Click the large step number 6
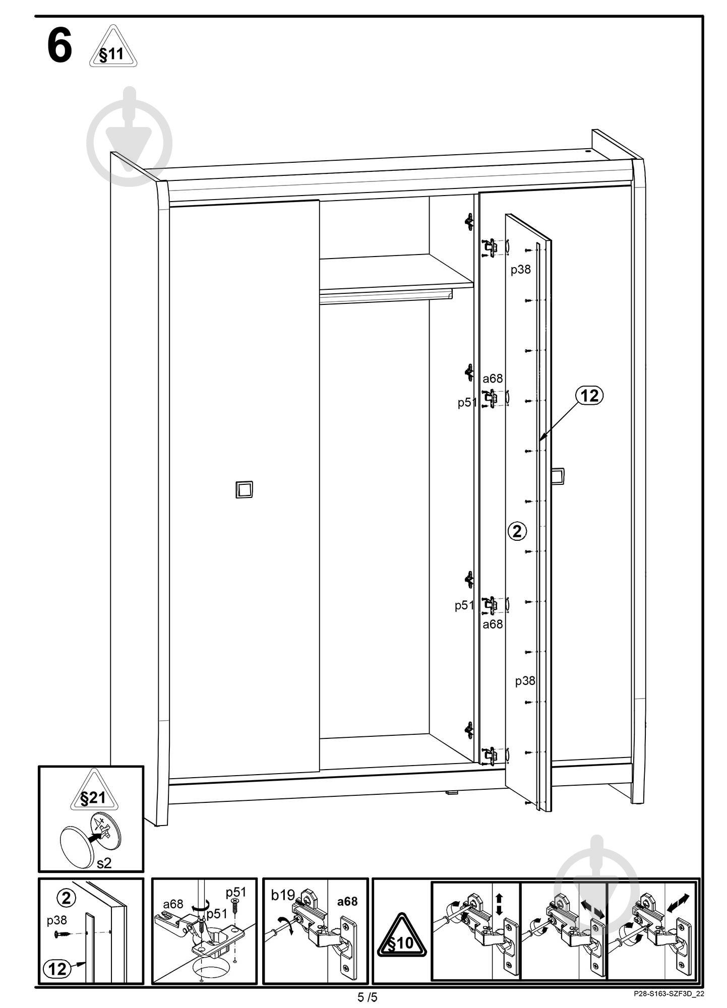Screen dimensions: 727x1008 click(x=59, y=46)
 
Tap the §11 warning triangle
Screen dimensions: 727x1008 click(x=113, y=47)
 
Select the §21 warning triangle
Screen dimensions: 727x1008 click(x=93, y=790)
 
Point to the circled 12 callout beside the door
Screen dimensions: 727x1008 click(x=589, y=396)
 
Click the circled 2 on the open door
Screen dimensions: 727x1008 click(x=517, y=531)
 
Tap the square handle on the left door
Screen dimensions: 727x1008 click(x=244, y=489)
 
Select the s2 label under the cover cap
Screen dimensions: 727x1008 click(x=104, y=863)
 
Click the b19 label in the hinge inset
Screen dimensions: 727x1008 click(x=283, y=895)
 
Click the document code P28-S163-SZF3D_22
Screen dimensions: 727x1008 click(x=669, y=993)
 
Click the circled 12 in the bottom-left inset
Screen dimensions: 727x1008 click(x=57, y=969)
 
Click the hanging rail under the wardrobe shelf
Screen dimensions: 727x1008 click(x=386, y=297)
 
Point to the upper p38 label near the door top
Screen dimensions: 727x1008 click(x=521, y=270)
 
